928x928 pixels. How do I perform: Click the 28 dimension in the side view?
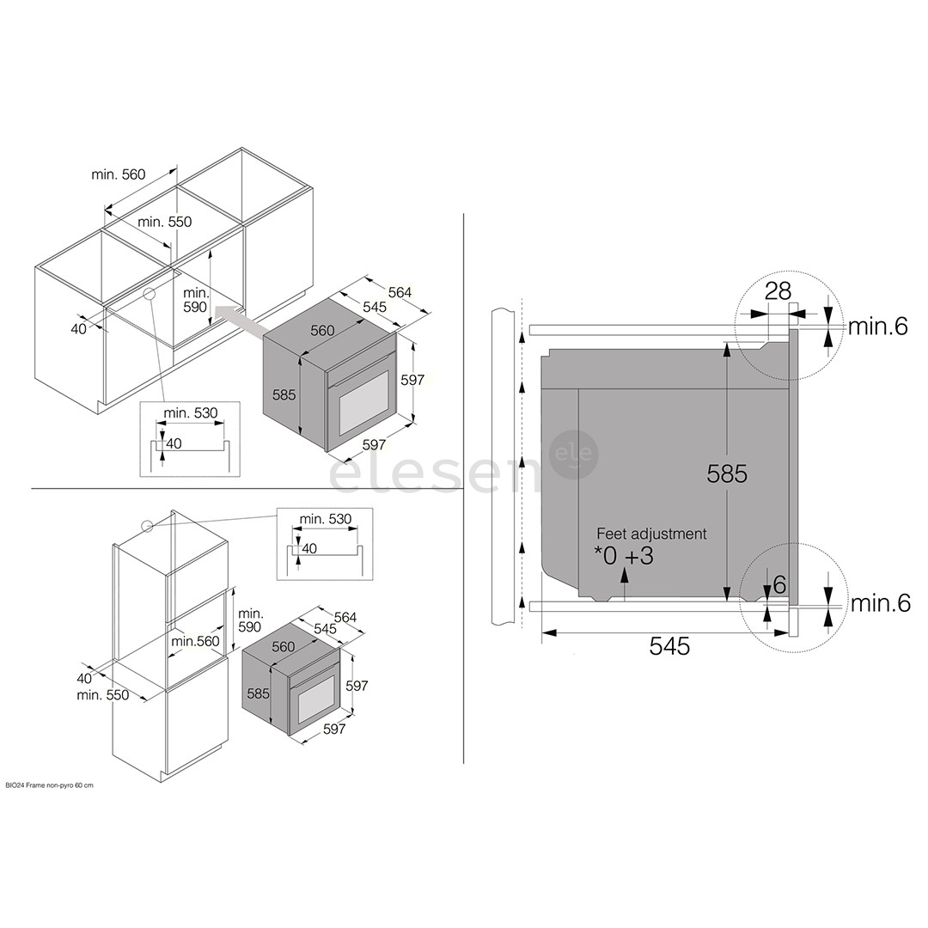[778, 291]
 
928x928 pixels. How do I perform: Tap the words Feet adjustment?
[651, 534]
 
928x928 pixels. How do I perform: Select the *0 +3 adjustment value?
[624, 556]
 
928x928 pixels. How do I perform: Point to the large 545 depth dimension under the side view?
[669, 646]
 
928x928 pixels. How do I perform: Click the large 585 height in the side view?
[728, 473]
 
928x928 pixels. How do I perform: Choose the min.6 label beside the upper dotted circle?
[877, 327]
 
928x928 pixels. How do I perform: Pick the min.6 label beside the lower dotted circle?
[881, 603]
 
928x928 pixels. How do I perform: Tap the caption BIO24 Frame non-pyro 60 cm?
[48, 785]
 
